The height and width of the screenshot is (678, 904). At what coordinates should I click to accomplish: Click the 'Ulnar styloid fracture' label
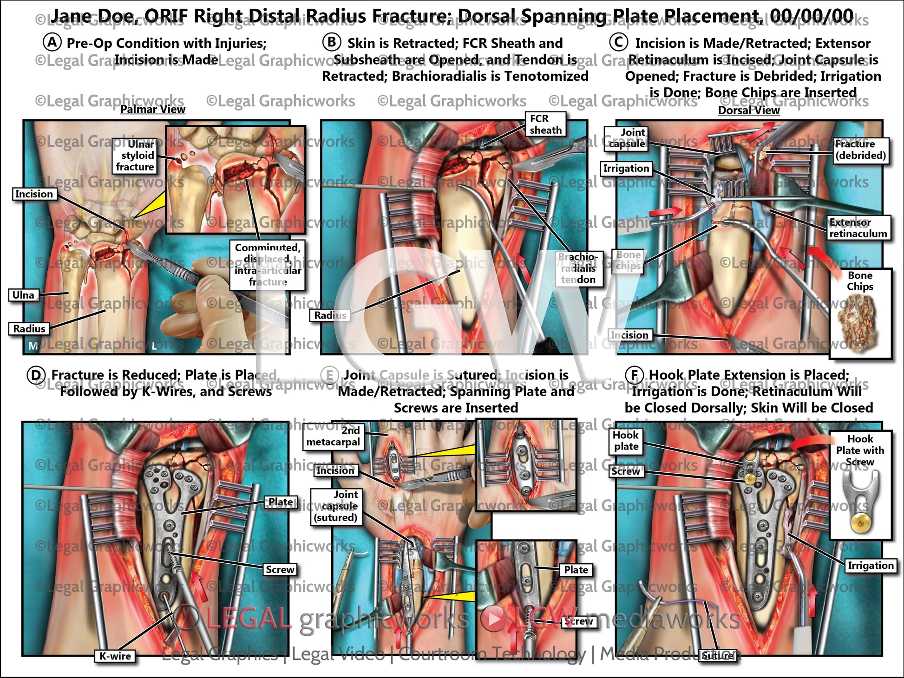click(x=135, y=156)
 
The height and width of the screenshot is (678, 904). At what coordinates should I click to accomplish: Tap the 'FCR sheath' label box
click(x=545, y=124)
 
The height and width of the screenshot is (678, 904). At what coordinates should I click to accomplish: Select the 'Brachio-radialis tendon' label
click(x=578, y=268)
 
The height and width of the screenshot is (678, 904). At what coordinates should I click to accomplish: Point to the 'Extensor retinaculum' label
click(x=858, y=228)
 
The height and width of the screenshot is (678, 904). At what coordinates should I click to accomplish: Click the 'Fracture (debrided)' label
click(x=861, y=150)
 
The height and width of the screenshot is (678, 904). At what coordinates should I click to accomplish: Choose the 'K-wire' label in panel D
click(x=115, y=656)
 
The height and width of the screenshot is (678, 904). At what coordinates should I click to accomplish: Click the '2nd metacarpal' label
click(x=333, y=437)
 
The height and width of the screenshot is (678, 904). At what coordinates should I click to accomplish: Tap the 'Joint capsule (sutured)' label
click(x=335, y=506)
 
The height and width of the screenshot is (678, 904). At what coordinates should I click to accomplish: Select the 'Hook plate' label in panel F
click(x=626, y=441)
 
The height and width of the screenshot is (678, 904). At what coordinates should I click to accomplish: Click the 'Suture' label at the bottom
click(x=718, y=656)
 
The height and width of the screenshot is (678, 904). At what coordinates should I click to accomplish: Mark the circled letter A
click(x=52, y=42)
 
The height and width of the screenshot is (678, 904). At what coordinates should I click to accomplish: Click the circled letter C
click(x=618, y=42)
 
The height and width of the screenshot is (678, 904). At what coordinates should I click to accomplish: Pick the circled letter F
click(x=634, y=375)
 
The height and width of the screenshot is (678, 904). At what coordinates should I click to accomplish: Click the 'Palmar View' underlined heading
click(x=153, y=110)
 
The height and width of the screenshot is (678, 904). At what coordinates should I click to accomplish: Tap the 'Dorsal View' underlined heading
click(x=749, y=111)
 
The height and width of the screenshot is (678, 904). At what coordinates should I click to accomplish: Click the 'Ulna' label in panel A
click(x=23, y=295)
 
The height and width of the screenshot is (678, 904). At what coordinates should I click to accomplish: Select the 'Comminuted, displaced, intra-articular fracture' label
click(x=268, y=265)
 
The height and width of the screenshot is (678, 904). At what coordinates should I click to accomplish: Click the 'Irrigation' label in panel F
click(x=870, y=565)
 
